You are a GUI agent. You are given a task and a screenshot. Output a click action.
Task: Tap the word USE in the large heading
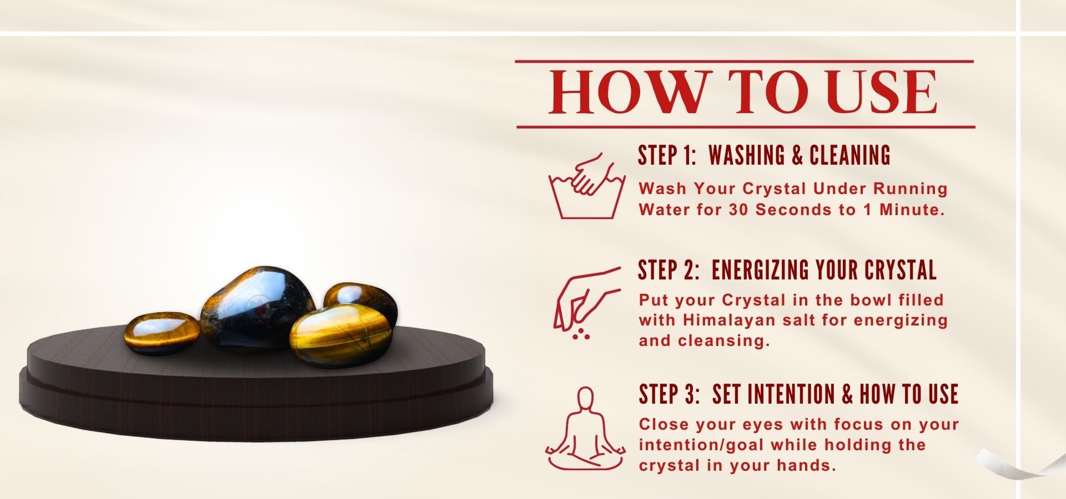point(882,92)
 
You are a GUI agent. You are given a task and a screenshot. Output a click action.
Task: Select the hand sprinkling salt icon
point(586,303)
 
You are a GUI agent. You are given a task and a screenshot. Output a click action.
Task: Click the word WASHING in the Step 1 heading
point(747,155)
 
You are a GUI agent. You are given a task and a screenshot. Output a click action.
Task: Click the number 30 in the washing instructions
point(740,210)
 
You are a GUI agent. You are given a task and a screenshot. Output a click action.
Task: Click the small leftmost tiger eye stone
point(162,333)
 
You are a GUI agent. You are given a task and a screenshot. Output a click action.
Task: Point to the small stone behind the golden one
point(362,299)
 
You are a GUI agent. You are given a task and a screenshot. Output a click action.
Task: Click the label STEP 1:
point(667,155)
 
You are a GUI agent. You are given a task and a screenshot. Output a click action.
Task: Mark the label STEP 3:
point(669,394)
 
